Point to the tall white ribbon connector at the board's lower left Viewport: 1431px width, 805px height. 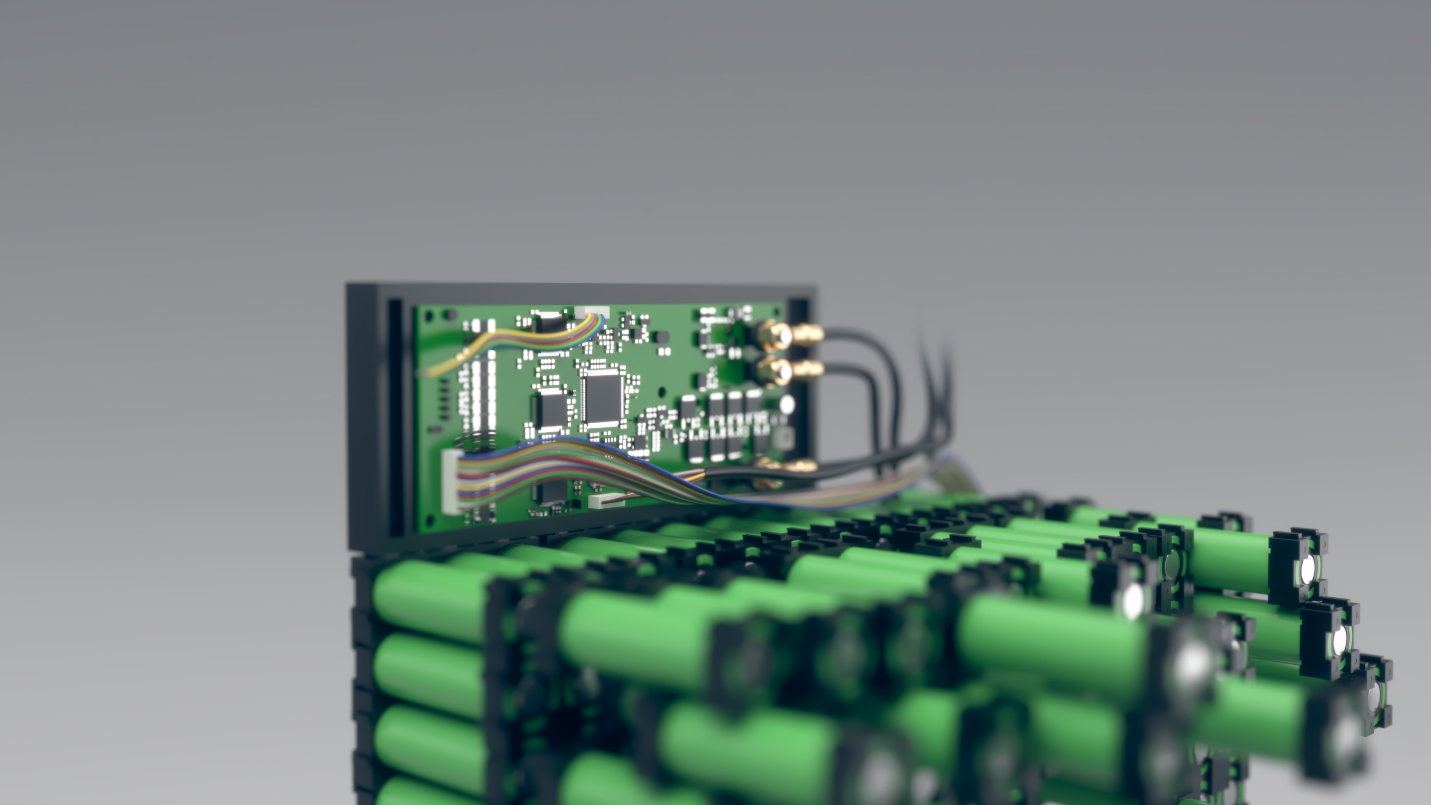(x=451, y=480)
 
